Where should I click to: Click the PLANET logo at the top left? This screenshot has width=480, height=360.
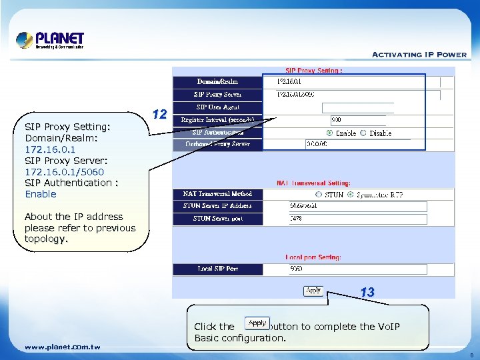(x=51, y=40)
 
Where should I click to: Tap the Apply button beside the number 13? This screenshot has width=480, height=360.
(x=313, y=291)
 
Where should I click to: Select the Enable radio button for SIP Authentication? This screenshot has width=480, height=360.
(x=329, y=133)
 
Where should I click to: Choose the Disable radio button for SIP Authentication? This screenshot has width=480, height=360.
(x=363, y=133)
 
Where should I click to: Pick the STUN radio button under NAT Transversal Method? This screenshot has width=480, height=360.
(x=319, y=195)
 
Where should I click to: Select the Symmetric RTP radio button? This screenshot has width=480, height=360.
(x=351, y=195)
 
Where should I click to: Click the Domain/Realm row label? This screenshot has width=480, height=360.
(x=218, y=82)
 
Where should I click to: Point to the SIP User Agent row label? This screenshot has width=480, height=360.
(x=218, y=107)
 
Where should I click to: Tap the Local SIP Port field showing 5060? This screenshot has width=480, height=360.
(x=357, y=269)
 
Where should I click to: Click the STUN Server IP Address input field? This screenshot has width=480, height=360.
(x=357, y=206)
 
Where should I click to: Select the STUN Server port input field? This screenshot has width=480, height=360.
(x=357, y=219)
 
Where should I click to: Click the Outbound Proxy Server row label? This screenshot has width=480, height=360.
(x=218, y=144)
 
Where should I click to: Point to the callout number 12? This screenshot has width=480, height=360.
(x=159, y=114)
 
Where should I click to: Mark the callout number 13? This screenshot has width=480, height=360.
(x=367, y=292)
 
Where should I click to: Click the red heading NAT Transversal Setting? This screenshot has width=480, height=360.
(x=313, y=183)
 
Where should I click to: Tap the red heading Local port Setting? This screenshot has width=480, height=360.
(x=313, y=257)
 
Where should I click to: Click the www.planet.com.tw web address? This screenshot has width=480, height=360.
(x=62, y=347)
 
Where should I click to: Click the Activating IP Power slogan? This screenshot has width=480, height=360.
(x=419, y=55)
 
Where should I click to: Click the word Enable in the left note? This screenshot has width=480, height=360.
(x=41, y=194)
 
